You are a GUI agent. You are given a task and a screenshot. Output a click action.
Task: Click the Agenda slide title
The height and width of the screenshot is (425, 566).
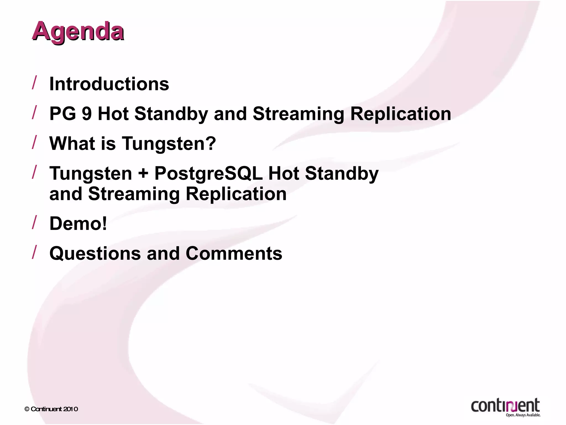[78, 32]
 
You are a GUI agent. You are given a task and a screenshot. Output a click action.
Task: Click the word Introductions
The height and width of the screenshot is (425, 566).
[109, 84]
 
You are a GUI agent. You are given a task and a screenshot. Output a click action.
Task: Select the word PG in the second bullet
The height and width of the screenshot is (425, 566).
[63, 114]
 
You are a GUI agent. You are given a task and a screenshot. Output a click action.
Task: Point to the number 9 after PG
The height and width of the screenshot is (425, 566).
[87, 114]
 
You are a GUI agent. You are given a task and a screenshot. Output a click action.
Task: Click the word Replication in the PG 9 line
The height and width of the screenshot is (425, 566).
[400, 114]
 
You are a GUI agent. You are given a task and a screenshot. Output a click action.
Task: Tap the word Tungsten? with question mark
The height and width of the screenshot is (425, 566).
[169, 144]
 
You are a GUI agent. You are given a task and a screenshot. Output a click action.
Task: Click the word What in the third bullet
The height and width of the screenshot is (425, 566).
[72, 144]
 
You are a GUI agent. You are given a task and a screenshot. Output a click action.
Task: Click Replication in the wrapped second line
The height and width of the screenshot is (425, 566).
[236, 194]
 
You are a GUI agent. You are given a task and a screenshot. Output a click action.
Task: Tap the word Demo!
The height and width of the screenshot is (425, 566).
[78, 224]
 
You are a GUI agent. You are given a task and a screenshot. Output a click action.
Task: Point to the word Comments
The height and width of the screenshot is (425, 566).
[234, 253]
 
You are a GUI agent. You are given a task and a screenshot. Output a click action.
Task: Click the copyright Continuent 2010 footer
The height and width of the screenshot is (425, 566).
[51, 409]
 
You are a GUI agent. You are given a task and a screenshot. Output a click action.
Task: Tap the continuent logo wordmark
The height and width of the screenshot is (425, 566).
[505, 406]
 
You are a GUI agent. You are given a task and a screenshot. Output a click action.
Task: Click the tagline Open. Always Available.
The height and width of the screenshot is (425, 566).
[523, 415]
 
